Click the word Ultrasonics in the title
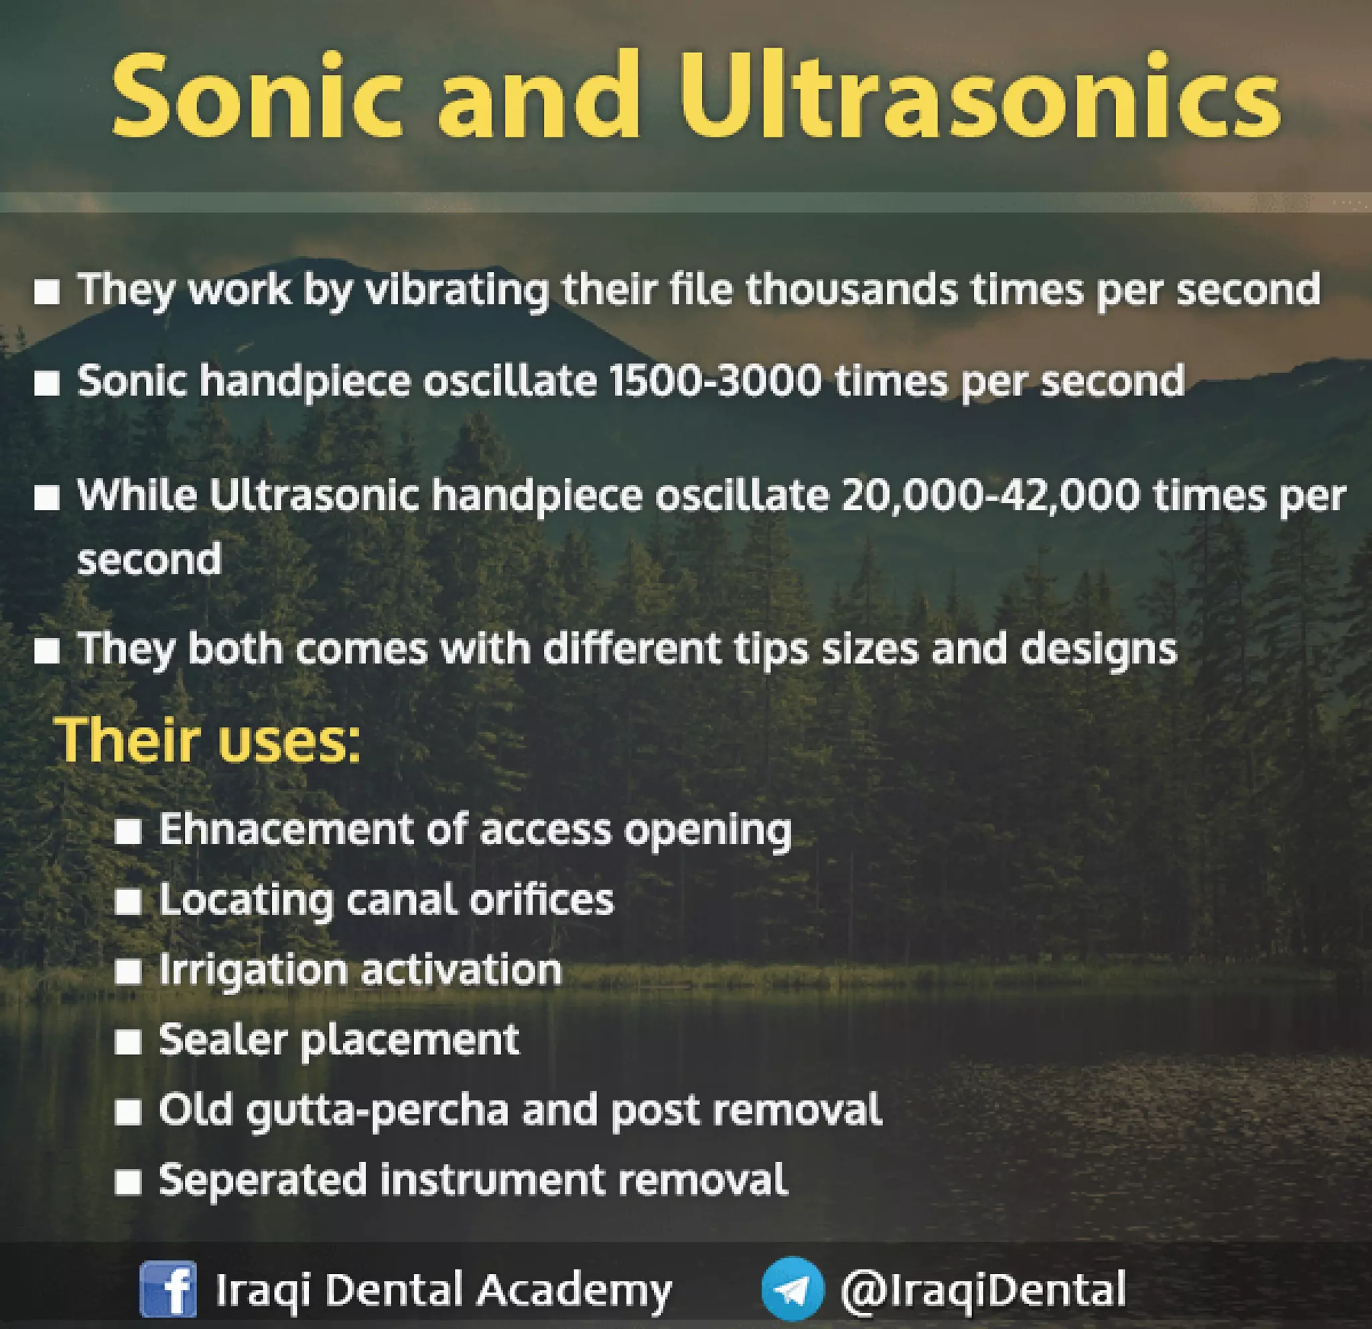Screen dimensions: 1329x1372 (x=980, y=96)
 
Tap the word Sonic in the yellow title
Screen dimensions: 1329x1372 (x=256, y=96)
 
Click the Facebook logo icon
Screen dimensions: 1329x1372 (x=168, y=1289)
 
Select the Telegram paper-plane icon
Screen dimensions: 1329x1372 (x=793, y=1289)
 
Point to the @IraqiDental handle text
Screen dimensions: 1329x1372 (x=983, y=1289)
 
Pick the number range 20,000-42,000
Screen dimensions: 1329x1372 (x=991, y=496)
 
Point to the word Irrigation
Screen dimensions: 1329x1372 (x=253, y=970)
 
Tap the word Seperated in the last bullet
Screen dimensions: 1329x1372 (x=263, y=1180)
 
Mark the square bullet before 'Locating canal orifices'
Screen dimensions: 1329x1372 (x=128, y=902)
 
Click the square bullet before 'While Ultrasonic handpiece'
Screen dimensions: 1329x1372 (x=47, y=498)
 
